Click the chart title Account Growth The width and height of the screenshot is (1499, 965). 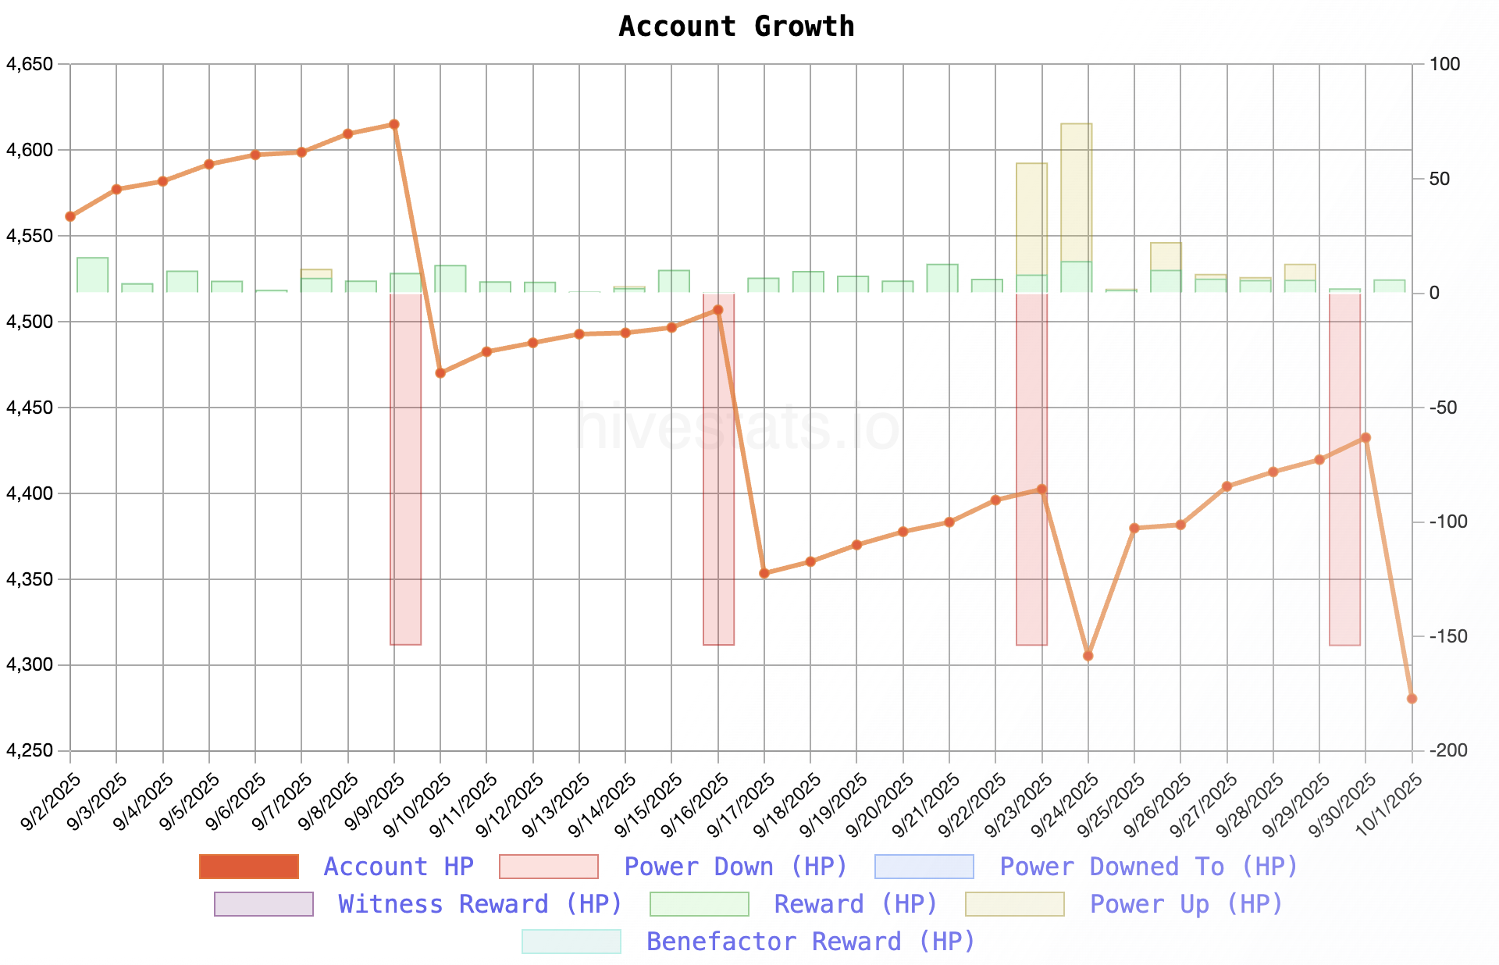pos(736,27)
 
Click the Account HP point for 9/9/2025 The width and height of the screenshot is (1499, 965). pos(394,124)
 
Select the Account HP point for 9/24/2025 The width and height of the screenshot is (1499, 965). pos(1088,656)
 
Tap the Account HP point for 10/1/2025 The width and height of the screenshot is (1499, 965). pos(1412,699)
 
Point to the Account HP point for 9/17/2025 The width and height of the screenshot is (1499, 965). pos(764,573)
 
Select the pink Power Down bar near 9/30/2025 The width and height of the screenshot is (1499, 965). pos(1344,468)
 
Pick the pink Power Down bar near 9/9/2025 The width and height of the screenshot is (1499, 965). pos(406,468)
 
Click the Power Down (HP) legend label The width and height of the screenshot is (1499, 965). pos(735,867)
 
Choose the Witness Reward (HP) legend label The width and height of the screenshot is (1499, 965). pos(479,904)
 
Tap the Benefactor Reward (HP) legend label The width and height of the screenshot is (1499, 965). pos(810,942)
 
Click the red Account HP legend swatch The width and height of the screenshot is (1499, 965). pos(249,867)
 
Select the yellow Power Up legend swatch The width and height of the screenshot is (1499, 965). pos(1014,904)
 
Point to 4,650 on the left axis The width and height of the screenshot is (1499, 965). pos(30,64)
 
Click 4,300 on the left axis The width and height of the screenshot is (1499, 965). pos(30,665)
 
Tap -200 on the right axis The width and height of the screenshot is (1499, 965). pos(1448,751)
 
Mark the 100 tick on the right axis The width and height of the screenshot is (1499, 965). pos(1444,64)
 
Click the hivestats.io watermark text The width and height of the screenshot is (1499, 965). pos(736,428)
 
